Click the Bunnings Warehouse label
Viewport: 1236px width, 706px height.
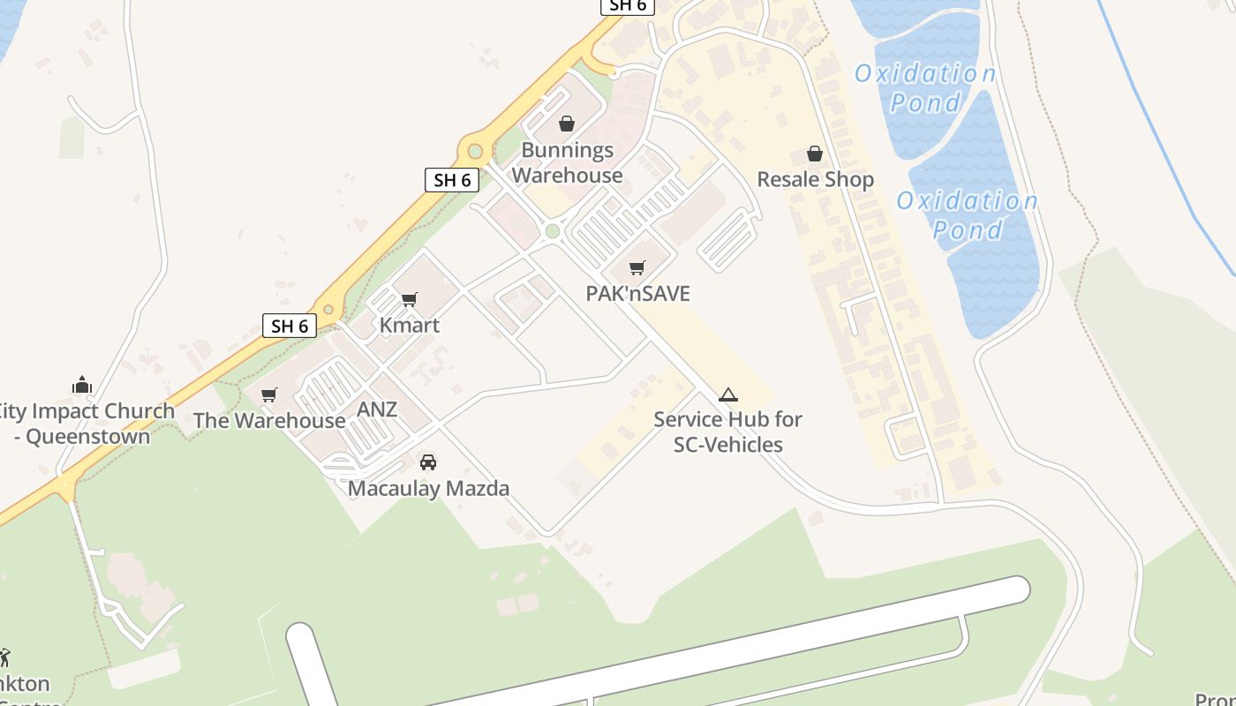click(567, 162)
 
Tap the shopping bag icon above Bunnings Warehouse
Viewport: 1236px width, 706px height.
click(567, 124)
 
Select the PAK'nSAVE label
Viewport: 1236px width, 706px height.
click(637, 293)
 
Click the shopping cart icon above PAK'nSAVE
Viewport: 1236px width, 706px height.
click(637, 267)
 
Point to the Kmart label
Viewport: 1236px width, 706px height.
click(410, 325)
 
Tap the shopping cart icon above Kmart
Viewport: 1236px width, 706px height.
click(410, 300)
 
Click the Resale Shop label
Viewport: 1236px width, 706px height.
click(815, 179)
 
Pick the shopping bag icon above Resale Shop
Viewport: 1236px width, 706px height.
click(815, 154)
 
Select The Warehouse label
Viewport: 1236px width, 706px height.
click(269, 420)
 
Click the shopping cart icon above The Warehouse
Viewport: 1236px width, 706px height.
click(269, 394)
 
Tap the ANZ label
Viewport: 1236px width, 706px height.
click(377, 409)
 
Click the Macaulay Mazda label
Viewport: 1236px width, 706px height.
click(428, 488)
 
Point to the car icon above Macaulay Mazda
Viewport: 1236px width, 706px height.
click(428, 462)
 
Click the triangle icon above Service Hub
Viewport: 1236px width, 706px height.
click(727, 394)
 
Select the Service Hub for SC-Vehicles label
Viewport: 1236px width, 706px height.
click(727, 432)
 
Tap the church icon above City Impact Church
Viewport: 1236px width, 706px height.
click(82, 385)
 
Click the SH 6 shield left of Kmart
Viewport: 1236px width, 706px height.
click(290, 326)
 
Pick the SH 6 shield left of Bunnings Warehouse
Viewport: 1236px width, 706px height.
click(452, 180)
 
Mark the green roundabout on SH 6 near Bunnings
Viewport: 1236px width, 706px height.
click(475, 150)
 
